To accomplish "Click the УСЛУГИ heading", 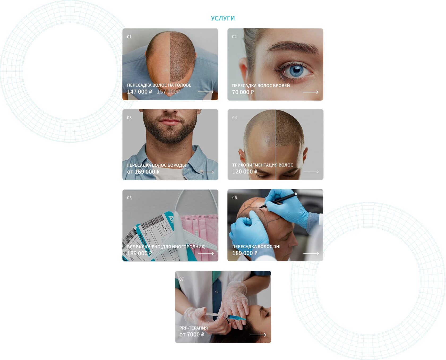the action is click(223, 18).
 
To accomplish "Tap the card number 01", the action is click(129, 37).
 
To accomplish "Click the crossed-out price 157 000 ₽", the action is click(168, 92).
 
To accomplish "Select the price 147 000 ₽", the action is click(140, 92).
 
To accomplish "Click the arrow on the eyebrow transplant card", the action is click(311, 92).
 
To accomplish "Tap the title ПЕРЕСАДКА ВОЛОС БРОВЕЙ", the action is click(261, 85).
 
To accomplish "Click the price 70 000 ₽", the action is click(243, 92).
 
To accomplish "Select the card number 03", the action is click(129, 118).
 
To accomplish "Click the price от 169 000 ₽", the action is click(143, 172).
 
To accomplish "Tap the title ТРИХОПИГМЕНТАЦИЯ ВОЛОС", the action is click(263, 165).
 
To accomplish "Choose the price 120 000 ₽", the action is click(245, 172).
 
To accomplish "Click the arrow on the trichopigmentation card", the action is click(311, 172).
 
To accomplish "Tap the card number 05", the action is click(129, 198).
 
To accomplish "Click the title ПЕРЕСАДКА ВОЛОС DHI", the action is click(256, 246).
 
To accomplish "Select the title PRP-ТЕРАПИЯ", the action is click(194, 328).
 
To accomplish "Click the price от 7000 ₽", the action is click(192, 335).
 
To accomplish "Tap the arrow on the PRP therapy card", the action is click(258, 335).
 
